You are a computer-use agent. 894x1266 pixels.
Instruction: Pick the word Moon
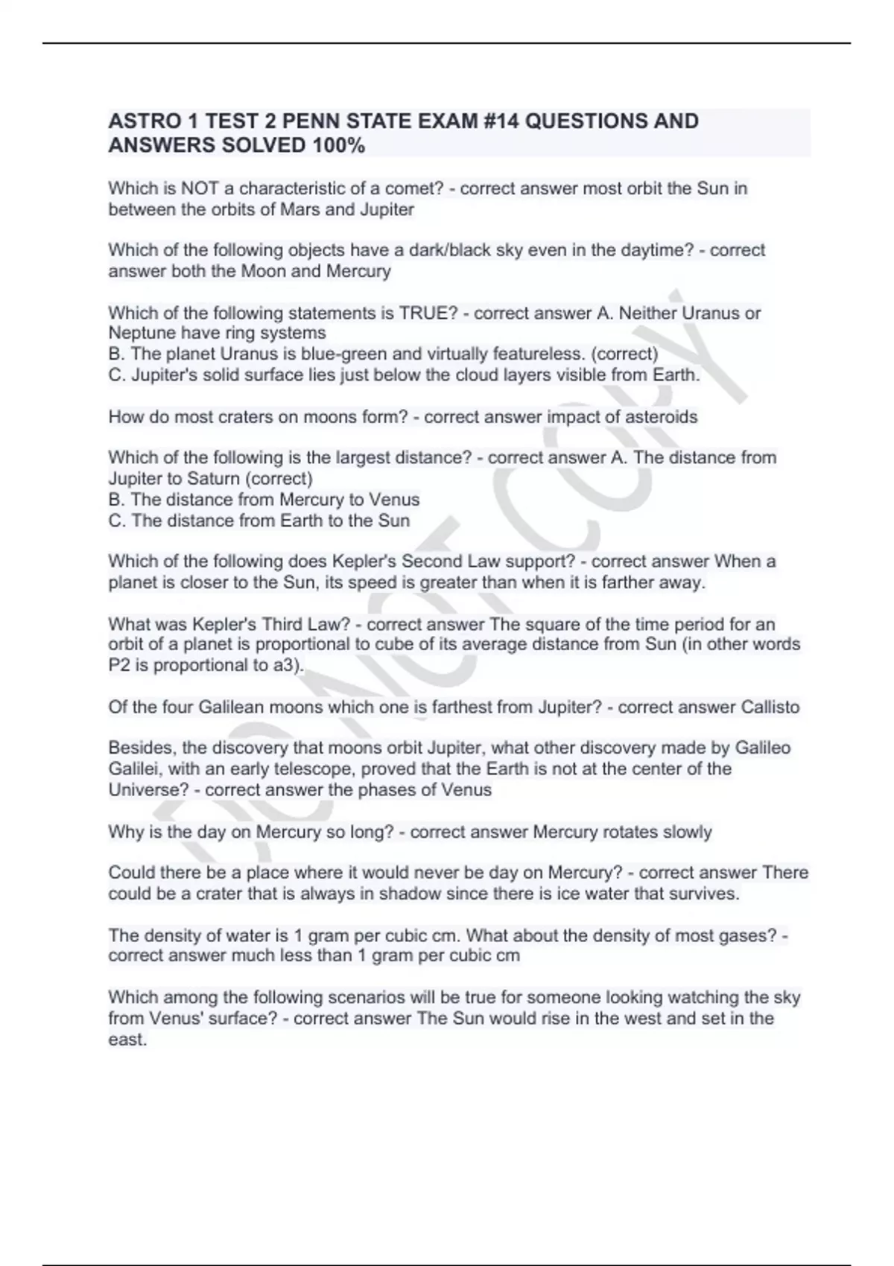[264, 271]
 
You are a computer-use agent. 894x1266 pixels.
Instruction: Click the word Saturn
[211, 478]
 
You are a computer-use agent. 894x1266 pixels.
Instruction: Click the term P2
[119, 665]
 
